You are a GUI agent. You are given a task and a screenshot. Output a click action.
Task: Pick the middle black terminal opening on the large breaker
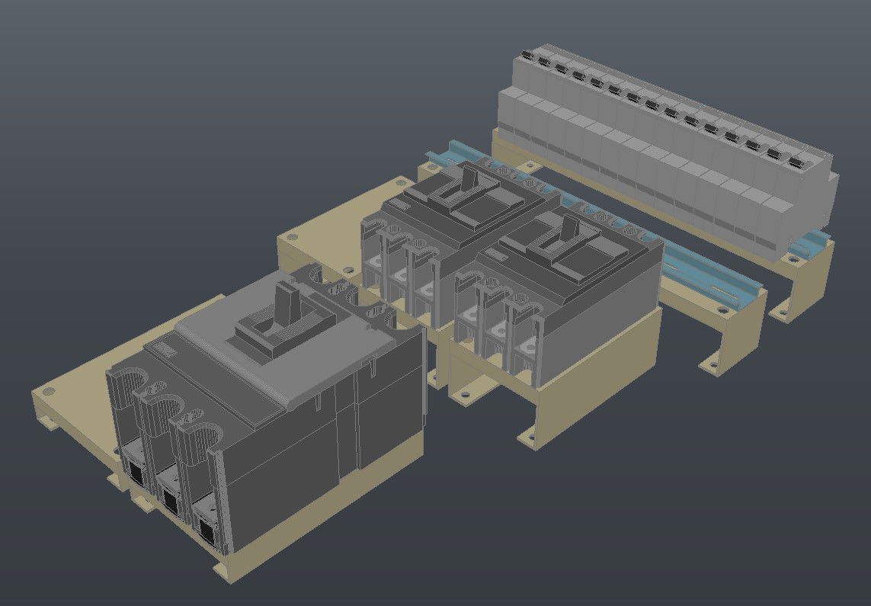click(169, 499)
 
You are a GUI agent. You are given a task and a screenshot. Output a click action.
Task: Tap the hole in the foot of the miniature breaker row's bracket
click(781, 310)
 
